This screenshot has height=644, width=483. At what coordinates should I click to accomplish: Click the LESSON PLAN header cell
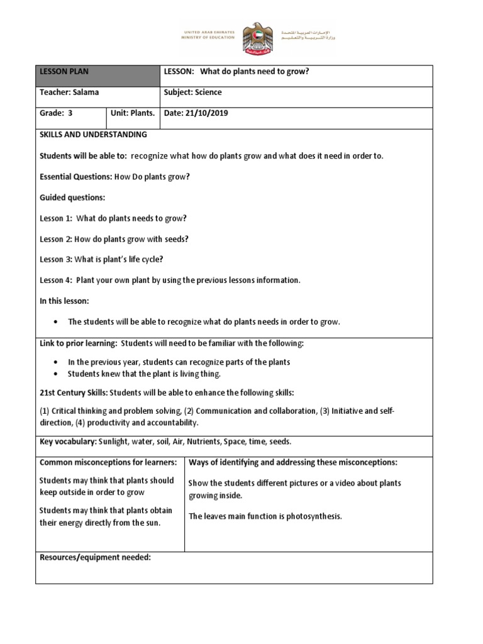(97, 76)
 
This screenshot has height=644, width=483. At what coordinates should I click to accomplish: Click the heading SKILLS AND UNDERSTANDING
(93, 135)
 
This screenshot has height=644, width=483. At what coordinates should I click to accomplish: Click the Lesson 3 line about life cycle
(101, 259)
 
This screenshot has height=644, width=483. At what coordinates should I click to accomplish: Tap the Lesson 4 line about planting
(170, 280)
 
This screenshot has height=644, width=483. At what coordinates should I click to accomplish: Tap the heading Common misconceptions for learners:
(108, 462)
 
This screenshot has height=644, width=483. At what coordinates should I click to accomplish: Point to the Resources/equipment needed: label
(95, 557)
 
